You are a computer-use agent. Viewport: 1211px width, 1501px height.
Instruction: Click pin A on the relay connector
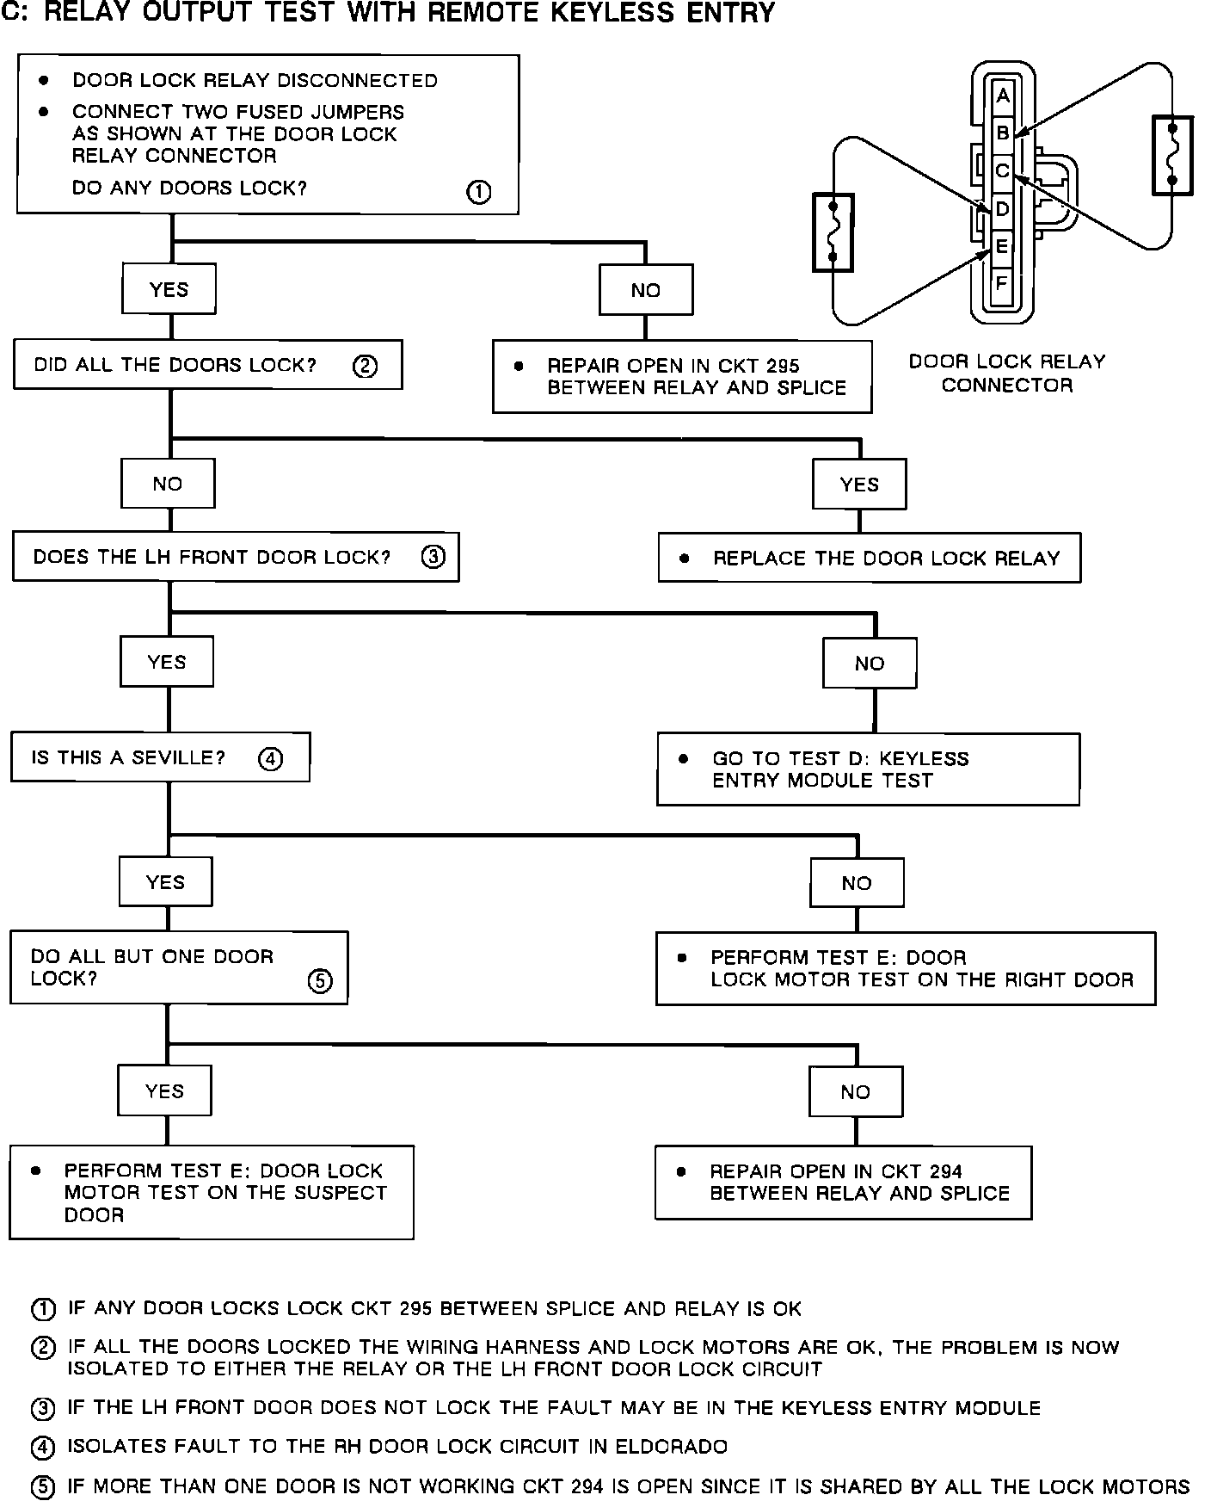coord(1002,97)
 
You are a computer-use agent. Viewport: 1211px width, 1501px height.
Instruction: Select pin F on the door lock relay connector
coord(1001,282)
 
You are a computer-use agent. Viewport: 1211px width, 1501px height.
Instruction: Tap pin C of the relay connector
coord(1002,171)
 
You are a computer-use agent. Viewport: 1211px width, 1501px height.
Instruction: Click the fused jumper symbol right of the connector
coord(1172,156)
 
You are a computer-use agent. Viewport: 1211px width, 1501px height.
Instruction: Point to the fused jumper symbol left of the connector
coord(833,232)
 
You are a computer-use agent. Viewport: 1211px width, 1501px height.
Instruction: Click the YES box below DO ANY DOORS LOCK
coord(169,289)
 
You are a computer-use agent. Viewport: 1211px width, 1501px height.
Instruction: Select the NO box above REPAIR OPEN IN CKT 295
coord(645,291)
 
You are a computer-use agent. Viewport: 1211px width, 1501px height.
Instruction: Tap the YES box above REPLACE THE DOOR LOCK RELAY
coord(859,485)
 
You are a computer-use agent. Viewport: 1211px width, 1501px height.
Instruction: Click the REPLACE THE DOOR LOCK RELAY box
coord(869,559)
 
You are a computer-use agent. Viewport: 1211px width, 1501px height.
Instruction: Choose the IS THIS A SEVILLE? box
coord(160,758)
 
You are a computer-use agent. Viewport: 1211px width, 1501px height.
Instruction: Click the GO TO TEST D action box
coord(868,769)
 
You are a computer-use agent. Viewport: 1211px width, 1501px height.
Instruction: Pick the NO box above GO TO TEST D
coord(870,664)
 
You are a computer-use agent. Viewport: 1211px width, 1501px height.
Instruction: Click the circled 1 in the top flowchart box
coord(478,192)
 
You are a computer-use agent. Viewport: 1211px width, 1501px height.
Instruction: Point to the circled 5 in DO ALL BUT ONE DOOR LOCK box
coord(320,981)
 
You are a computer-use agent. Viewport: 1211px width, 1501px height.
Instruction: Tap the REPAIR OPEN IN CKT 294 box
coord(843,1183)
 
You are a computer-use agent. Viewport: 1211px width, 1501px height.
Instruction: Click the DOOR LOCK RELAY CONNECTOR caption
coord(1007,374)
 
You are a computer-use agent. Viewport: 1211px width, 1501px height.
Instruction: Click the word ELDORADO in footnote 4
coord(671,1447)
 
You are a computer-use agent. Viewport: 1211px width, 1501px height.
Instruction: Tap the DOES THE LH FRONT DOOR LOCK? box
coord(236,558)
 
